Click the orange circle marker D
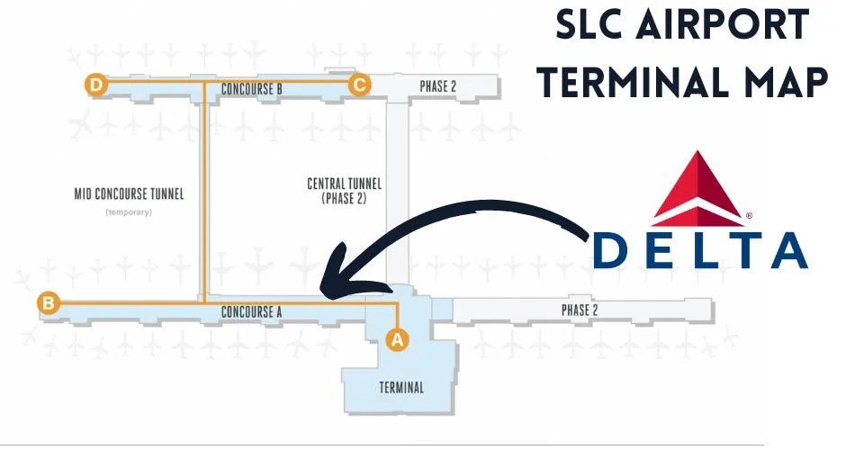[95, 85]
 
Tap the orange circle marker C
[360, 85]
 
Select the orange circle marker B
[48, 303]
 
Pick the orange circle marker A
[397, 338]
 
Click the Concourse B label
[252, 89]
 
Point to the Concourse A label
[252, 312]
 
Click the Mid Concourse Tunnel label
[129, 193]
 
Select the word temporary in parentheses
[129, 212]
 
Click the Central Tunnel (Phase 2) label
[344, 191]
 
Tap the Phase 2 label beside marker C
[438, 86]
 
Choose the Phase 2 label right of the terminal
[580, 310]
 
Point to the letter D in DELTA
[612, 251]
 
